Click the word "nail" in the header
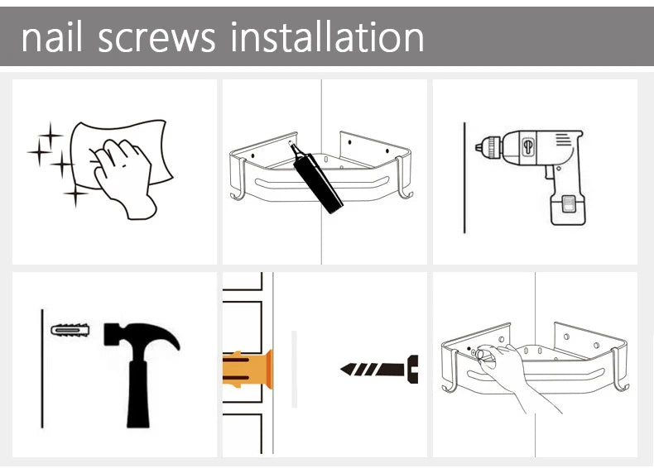52,37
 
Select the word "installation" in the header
327,37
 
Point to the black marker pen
315,177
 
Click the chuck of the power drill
488,146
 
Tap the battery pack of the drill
568,210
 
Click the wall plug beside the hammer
70,331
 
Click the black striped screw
379,370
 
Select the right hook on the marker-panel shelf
403,179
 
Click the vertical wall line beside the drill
464,178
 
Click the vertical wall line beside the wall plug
42,369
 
